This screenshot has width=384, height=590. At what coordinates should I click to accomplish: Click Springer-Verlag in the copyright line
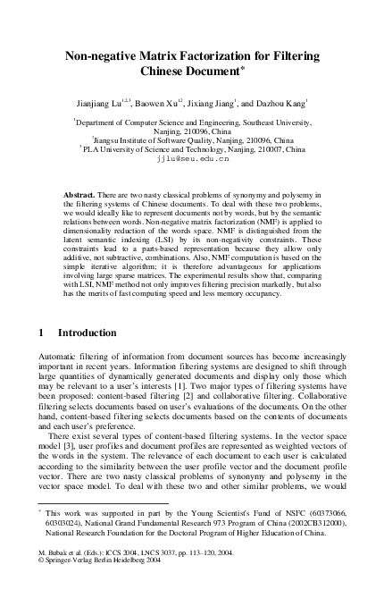71,564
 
